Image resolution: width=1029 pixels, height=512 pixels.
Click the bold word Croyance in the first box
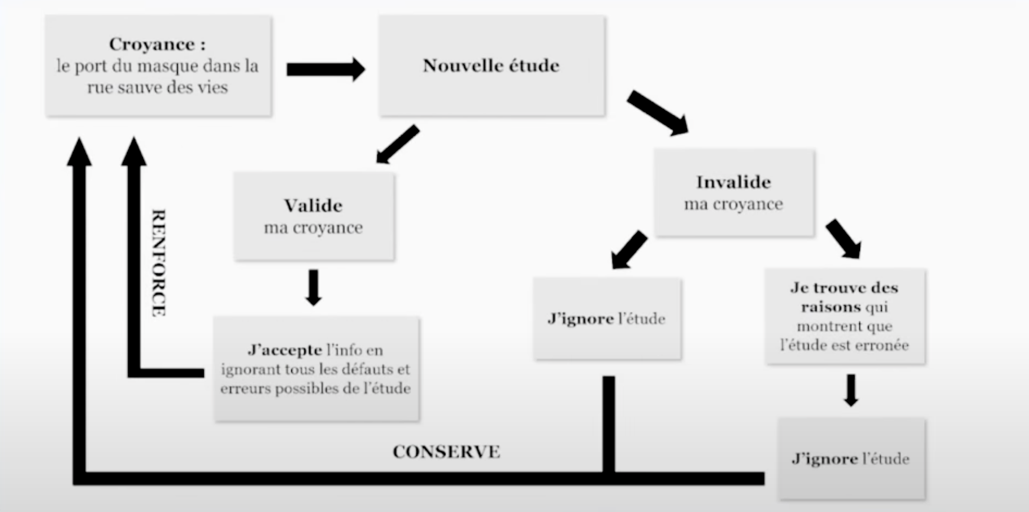pyautogui.click(x=152, y=44)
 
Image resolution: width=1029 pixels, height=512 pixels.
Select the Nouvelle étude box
pyautogui.click(x=491, y=66)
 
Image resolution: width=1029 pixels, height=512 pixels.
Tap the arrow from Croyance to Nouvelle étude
pyautogui.click(x=325, y=69)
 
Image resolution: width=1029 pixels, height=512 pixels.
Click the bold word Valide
pyautogui.click(x=313, y=206)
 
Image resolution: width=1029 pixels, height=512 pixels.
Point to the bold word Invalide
pyautogui.click(x=733, y=182)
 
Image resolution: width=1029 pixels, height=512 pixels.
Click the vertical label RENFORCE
pyautogui.click(x=158, y=263)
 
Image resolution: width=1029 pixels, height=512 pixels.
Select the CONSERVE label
pyautogui.click(x=446, y=452)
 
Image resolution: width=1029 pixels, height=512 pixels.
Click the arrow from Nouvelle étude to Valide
pyautogui.click(x=398, y=144)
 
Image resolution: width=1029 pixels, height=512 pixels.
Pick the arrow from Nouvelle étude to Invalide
pyautogui.click(x=657, y=112)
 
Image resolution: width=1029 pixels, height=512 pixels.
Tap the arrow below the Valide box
pyautogui.click(x=314, y=287)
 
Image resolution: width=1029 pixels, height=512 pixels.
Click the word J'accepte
pyautogui.click(x=285, y=350)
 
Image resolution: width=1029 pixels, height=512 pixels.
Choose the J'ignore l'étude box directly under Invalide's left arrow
pyautogui.click(x=607, y=319)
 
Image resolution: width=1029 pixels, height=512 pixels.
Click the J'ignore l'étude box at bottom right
pyautogui.click(x=851, y=459)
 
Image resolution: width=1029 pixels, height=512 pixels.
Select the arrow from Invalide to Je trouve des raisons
pyautogui.click(x=844, y=238)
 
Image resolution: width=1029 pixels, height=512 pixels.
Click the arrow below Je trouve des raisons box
pyautogui.click(x=851, y=390)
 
